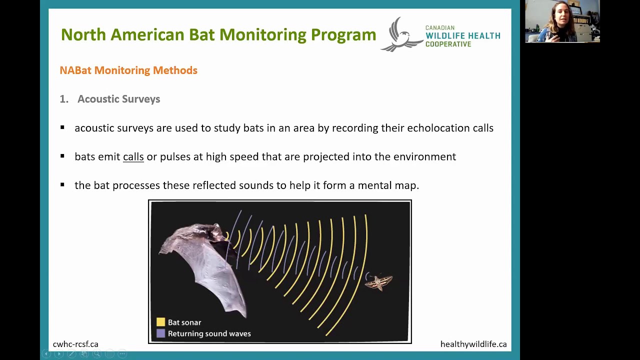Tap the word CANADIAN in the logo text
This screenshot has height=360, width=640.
439,28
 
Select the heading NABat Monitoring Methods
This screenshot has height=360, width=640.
128,70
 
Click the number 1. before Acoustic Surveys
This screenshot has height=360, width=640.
63,99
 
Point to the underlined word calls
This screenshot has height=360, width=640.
133,157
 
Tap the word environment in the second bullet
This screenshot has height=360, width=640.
424,157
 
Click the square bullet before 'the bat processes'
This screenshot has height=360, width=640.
62,185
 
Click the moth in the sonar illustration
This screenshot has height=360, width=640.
378,282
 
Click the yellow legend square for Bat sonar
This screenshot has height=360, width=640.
160,322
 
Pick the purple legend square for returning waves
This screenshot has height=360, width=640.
160,333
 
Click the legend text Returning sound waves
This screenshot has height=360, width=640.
209,333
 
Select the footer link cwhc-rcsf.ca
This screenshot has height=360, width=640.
75,344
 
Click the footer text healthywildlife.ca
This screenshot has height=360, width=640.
473,344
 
